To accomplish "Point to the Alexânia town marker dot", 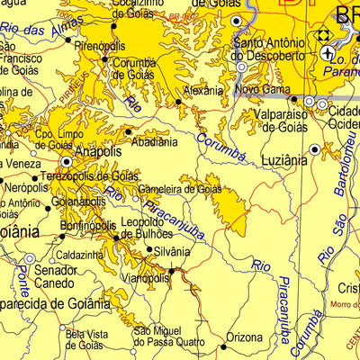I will coord(178,103).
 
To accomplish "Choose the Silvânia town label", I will coord(171,252).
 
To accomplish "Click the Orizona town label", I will coord(244,337).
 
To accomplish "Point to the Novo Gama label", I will coord(263,90).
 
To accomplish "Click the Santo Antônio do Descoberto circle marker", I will coord(241,67).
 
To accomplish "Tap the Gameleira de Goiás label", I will coord(180,189).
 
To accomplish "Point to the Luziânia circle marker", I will coord(314,148).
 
